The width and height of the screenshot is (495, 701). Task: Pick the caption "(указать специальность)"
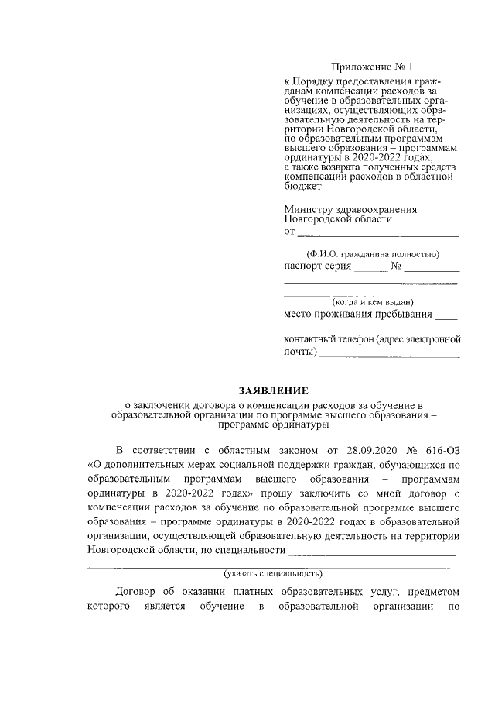(x=273, y=574)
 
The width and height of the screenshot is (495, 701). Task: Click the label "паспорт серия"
(x=318, y=266)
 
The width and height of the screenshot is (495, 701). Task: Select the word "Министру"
(x=308, y=209)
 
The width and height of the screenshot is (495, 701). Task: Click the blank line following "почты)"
(x=389, y=355)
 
